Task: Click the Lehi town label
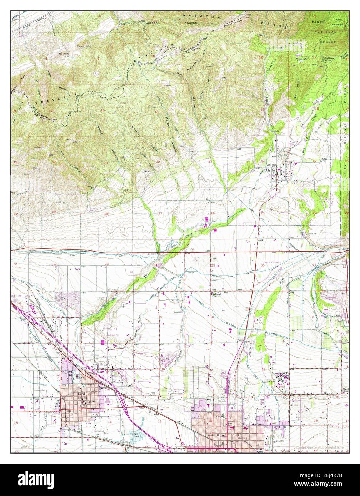pos(81,394)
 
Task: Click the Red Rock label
pos(63,54)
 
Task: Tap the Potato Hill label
pos(82,46)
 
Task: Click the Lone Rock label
pos(245,15)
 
